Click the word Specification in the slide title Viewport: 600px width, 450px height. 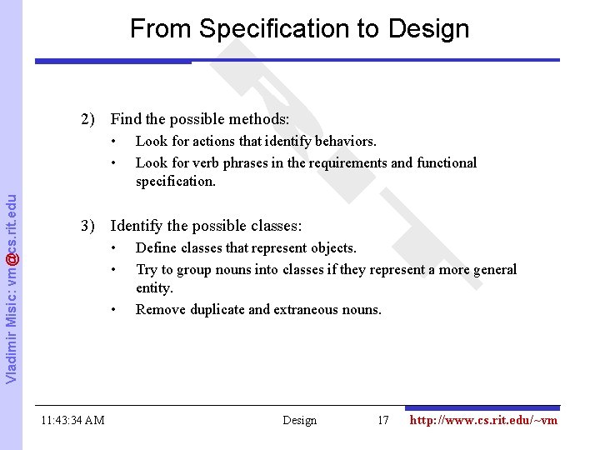click(x=279, y=30)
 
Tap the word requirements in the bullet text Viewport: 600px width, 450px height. click(x=349, y=162)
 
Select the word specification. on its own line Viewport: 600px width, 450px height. click(x=176, y=181)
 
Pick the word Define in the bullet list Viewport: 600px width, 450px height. click(x=155, y=248)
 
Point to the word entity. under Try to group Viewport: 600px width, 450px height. click(x=155, y=288)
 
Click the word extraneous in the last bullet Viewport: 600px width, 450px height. click(x=306, y=309)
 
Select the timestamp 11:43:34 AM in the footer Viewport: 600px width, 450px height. click(x=72, y=420)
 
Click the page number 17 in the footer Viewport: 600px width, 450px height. click(x=383, y=420)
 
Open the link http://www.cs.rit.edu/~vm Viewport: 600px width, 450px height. click(x=483, y=420)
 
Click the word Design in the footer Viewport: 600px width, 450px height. click(x=300, y=420)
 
